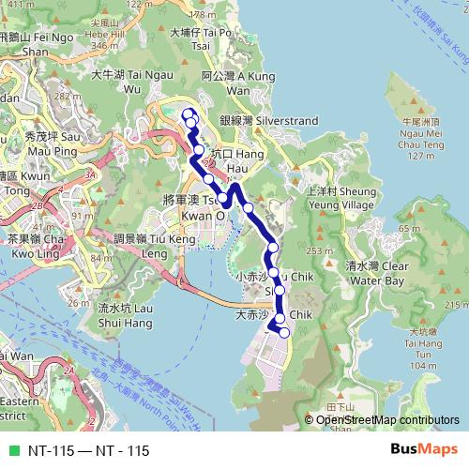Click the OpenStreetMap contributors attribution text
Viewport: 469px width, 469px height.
point(387,420)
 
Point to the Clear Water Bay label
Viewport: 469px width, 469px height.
point(375,273)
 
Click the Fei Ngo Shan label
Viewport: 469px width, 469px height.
point(38,44)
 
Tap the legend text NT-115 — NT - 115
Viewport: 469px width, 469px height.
point(88,451)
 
